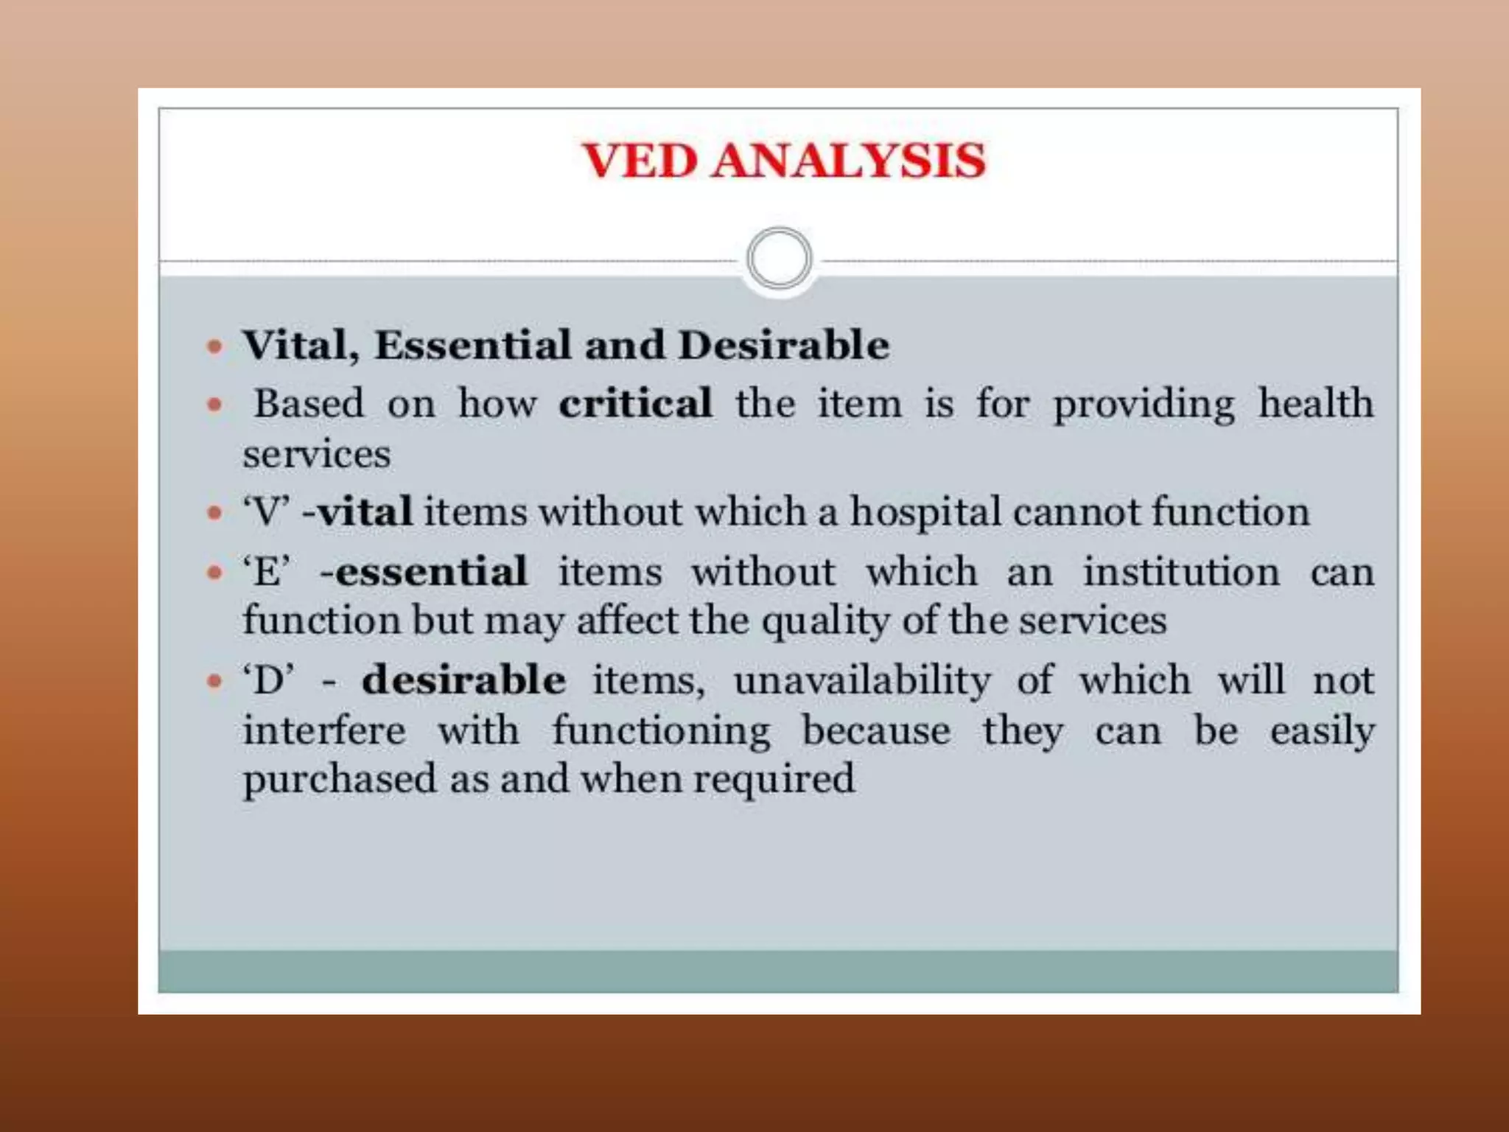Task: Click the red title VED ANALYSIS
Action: click(784, 161)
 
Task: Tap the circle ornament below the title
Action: click(779, 259)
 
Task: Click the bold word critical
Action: click(635, 403)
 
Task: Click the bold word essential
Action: click(432, 572)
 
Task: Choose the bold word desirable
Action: click(464, 679)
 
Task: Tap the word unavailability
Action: click(863, 680)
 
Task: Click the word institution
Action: click(1181, 572)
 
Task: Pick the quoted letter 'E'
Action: click(267, 572)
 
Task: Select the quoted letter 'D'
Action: click(269, 679)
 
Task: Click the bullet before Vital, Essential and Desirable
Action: click(214, 346)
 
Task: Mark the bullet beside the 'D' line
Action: click(214, 680)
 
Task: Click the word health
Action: click(1316, 403)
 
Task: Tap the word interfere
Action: click(324, 731)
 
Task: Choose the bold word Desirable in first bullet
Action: click(784, 345)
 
